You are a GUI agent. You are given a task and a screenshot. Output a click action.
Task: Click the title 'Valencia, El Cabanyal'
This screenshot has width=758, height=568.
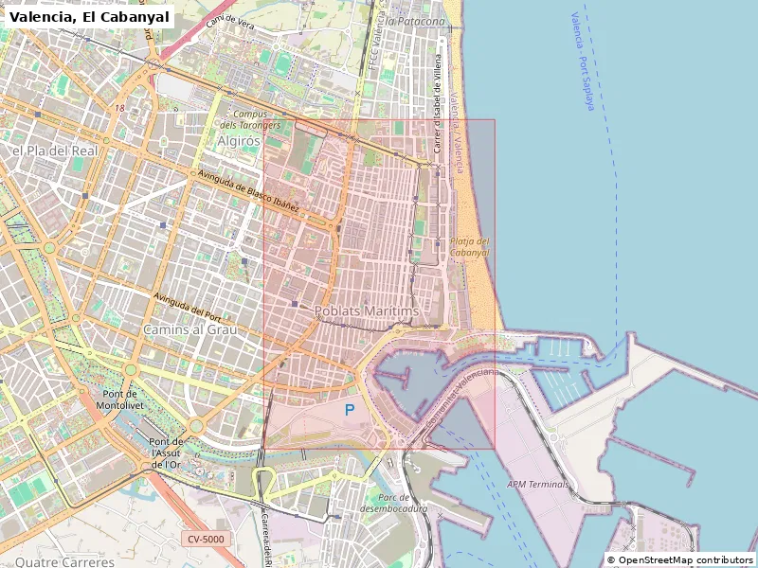coord(90,16)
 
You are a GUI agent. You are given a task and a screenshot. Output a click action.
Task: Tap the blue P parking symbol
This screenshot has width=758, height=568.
coord(350,411)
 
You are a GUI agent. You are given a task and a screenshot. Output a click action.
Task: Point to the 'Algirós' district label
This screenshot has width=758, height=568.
coord(238,140)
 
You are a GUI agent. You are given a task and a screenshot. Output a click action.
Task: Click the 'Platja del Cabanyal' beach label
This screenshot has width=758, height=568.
coord(470,247)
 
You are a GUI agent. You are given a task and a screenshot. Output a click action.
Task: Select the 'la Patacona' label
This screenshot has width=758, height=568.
coord(415,21)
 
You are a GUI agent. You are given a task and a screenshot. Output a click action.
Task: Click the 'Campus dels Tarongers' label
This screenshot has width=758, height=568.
coord(250,119)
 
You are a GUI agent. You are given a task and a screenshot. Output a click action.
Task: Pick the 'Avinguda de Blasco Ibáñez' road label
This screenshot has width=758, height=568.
coord(248,190)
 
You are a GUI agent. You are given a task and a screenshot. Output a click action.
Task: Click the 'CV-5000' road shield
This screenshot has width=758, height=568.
coord(206,539)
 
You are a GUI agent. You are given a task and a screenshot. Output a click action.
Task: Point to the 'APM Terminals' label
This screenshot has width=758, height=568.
coord(538,484)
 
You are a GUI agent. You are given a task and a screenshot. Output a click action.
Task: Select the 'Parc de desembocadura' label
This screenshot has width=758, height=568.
coord(394,503)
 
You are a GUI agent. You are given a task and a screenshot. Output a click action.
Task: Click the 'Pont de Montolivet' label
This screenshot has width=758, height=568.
coord(117,399)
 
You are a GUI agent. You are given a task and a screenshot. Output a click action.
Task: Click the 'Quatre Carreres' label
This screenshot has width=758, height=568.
coord(64,561)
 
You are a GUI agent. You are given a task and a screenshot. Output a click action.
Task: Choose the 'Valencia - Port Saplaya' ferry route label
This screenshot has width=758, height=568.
coord(583,62)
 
